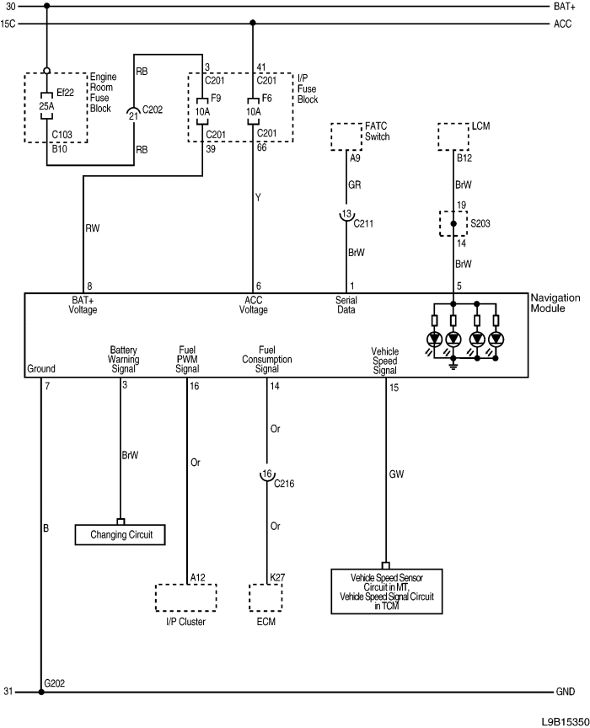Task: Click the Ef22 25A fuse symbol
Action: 46,107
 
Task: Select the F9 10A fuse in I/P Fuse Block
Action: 202,108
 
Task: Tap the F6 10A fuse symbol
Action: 253,108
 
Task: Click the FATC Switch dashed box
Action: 346,136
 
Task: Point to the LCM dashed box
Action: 453,136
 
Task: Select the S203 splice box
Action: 453,224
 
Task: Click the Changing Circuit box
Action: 120,534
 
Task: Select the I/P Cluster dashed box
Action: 185,597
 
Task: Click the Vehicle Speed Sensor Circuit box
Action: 386,588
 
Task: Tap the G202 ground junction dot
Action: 40,692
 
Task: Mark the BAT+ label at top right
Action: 565,6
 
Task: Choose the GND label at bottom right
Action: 565,692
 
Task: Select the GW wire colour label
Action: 396,474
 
